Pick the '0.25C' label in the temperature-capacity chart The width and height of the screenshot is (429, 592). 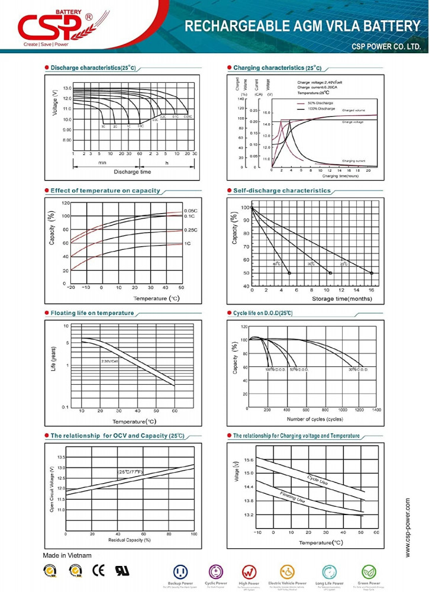190,230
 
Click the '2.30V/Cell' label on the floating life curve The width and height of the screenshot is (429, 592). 111,361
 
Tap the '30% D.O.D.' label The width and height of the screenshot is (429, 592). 357,369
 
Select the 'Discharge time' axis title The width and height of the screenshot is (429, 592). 132,172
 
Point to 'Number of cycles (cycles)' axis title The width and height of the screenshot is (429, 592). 315,419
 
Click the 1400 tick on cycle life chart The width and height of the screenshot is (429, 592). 376,410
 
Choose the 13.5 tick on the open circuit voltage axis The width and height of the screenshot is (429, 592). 61,458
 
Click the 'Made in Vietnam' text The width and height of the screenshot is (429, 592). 67,555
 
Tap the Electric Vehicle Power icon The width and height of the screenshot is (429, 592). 288,572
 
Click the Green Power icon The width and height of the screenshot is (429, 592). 370,572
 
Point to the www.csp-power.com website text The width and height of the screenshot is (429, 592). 408,527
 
